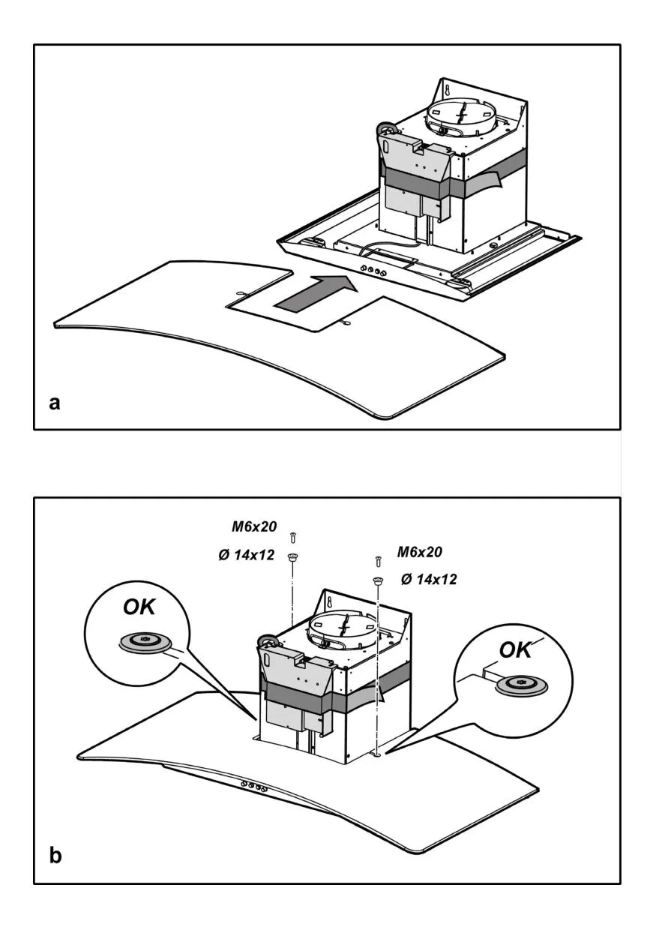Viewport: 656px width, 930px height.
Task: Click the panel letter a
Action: [55, 403]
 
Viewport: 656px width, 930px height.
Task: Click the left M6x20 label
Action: [254, 526]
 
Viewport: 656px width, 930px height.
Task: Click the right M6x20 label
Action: [420, 552]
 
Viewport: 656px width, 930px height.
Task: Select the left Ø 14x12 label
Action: [247, 555]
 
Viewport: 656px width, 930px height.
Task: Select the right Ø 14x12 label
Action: [429, 579]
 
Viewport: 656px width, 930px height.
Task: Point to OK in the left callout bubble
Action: [139, 607]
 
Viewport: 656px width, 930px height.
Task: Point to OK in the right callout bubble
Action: [515, 649]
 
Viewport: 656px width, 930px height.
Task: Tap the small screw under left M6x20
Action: [294, 538]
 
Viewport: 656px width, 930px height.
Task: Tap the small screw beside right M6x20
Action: [378, 562]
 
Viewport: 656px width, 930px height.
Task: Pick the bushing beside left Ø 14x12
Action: [293, 557]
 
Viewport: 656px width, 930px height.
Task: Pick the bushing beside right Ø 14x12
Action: [378, 580]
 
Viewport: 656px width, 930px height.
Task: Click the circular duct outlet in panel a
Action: [460, 116]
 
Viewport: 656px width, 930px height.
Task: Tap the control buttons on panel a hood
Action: [374, 271]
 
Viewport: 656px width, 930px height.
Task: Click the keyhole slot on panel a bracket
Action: [448, 89]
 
